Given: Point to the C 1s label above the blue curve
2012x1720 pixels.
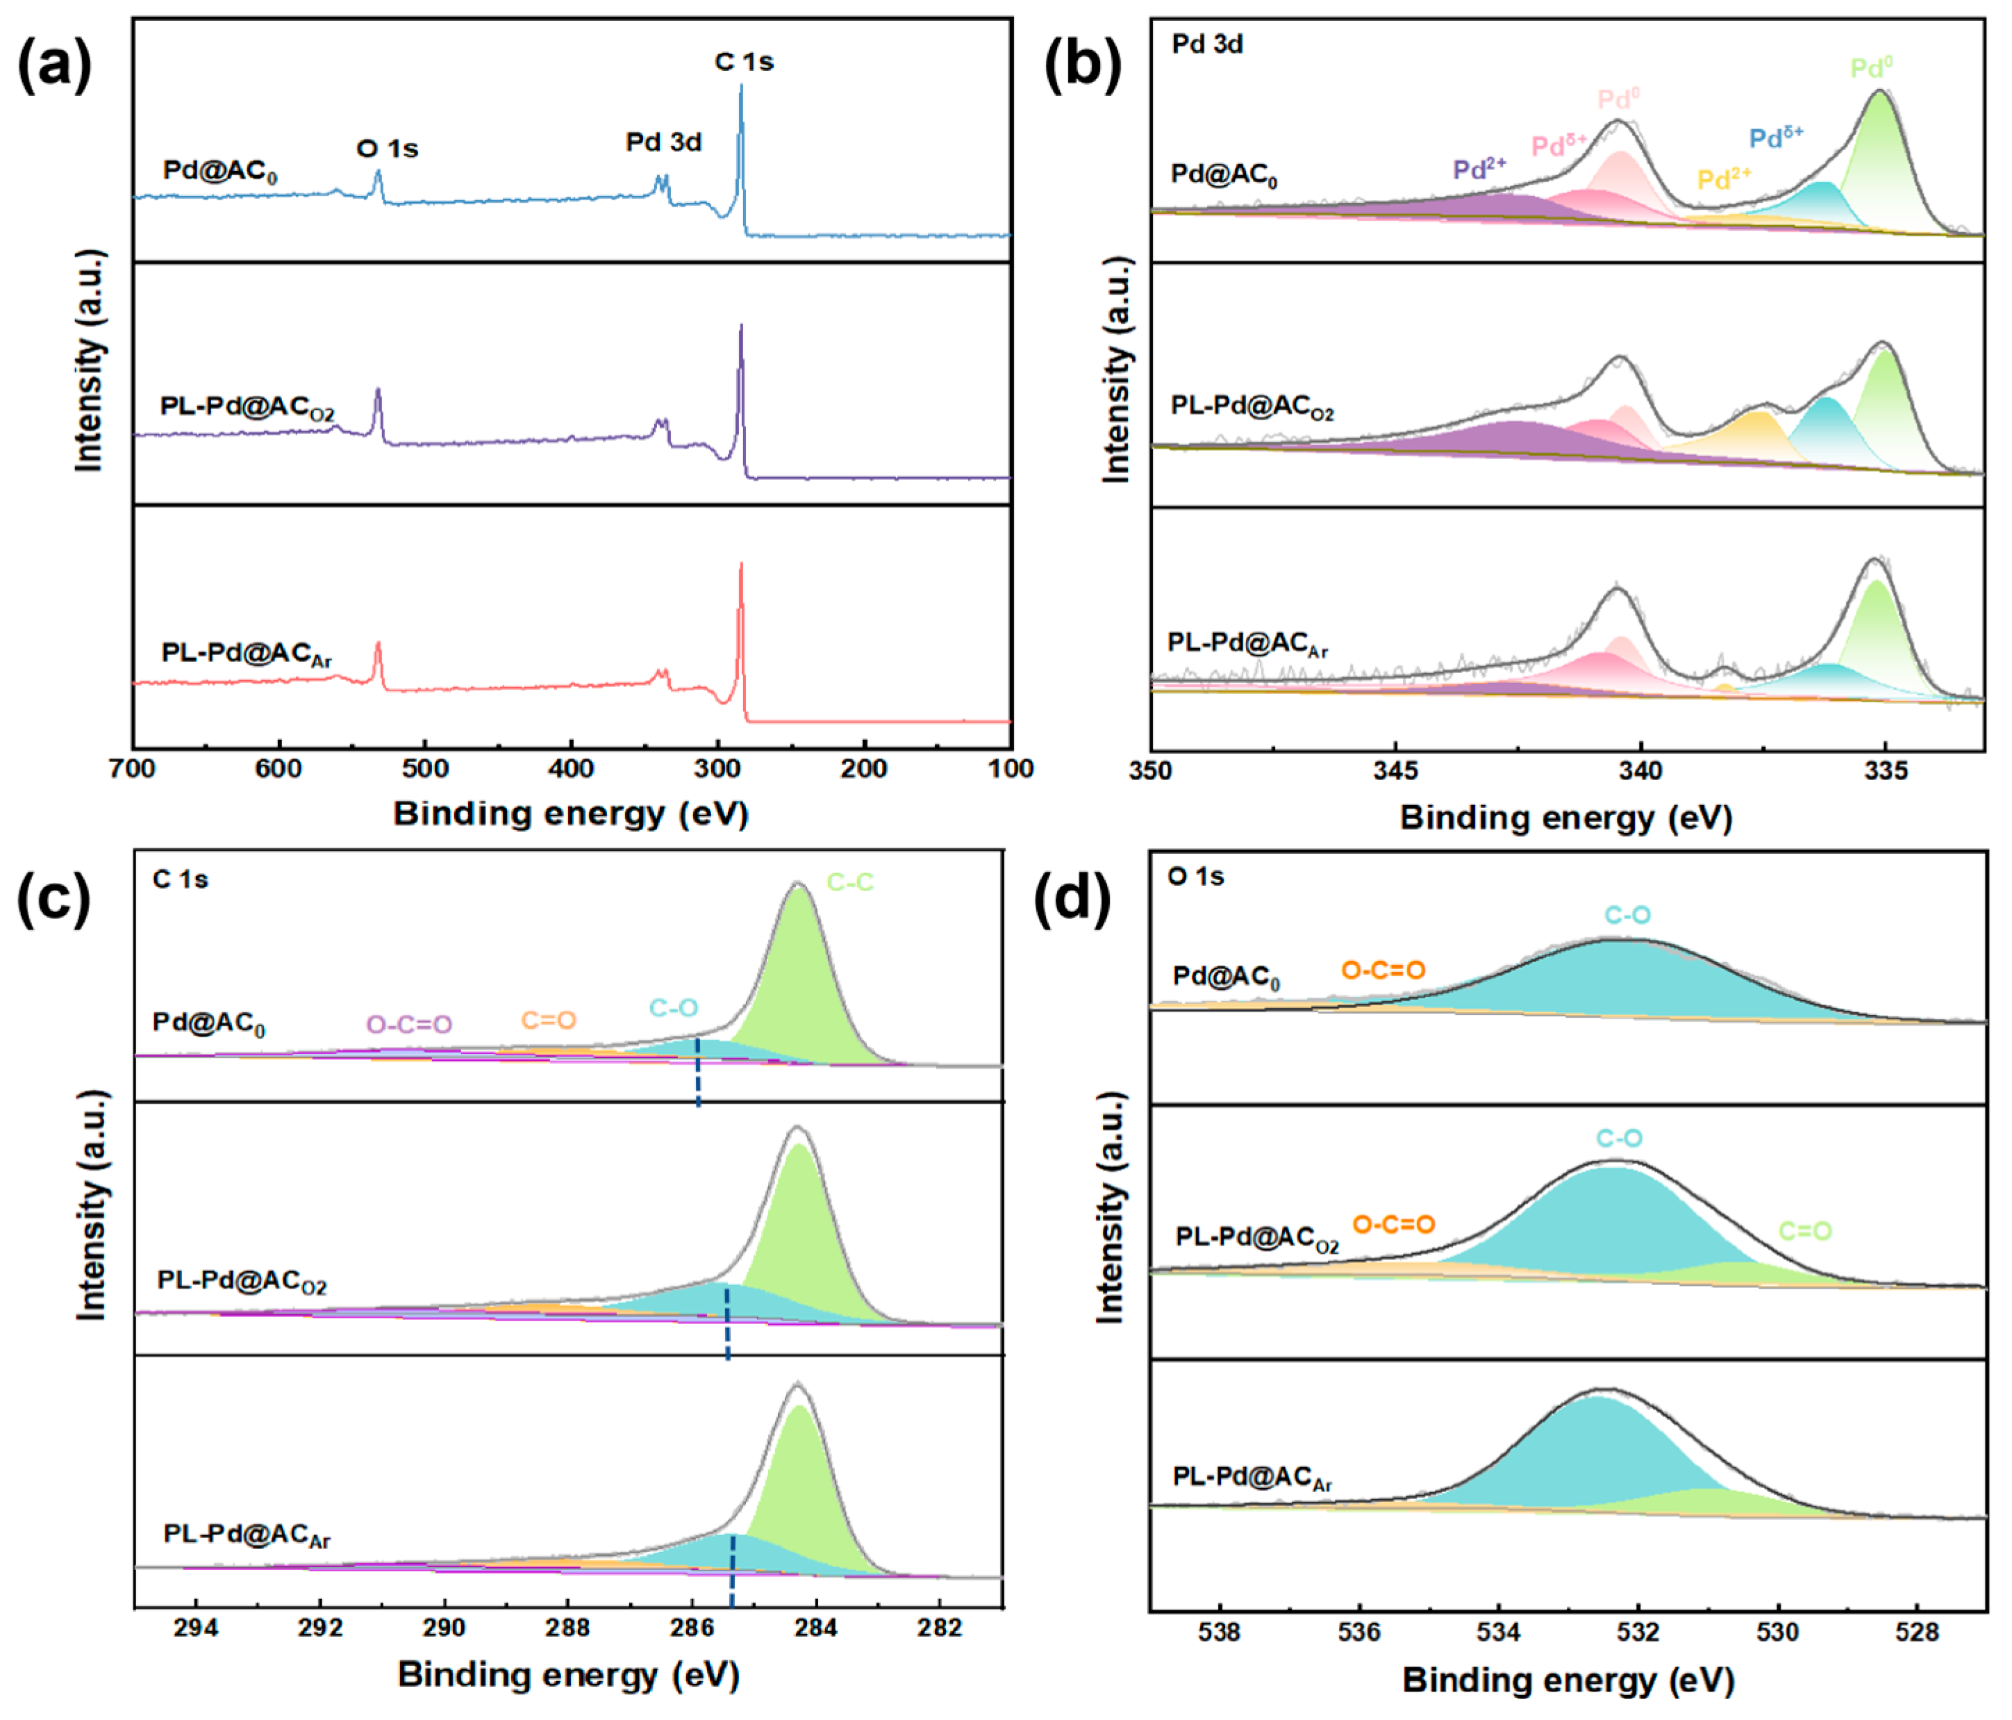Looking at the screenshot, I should (x=744, y=62).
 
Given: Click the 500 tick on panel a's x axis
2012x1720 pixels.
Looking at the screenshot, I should (x=424, y=769).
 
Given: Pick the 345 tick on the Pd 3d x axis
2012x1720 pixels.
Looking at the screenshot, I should (x=1395, y=771).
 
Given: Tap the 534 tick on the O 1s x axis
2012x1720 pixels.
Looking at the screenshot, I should (x=1498, y=1632).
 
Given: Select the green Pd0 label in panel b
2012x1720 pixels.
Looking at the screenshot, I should (x=1870, y=68).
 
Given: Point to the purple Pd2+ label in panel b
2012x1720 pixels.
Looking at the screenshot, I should (x=1479, y=169).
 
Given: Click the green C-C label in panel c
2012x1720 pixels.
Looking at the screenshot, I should (x=849, y=882).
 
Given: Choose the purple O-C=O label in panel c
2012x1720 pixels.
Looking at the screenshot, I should (x=409, y=1025).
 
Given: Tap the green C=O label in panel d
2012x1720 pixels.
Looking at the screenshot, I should (x=1804, y=1232).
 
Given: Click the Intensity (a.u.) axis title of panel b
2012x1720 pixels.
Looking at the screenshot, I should (x=1117, y=369).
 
